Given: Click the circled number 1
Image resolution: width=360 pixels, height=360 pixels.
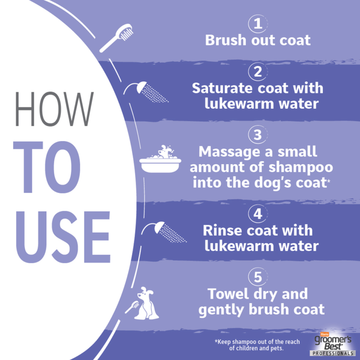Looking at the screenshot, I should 257,23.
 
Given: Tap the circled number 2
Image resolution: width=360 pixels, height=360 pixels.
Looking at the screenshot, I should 257,72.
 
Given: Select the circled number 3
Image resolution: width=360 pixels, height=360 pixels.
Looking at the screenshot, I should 257,135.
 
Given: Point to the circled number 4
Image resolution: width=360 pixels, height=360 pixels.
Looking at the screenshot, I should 257,214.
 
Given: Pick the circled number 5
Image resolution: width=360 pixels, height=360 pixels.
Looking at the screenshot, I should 257,277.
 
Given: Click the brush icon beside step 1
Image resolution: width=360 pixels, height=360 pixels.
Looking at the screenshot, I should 118,38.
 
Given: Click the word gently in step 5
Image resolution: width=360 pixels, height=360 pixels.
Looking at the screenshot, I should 220,310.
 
